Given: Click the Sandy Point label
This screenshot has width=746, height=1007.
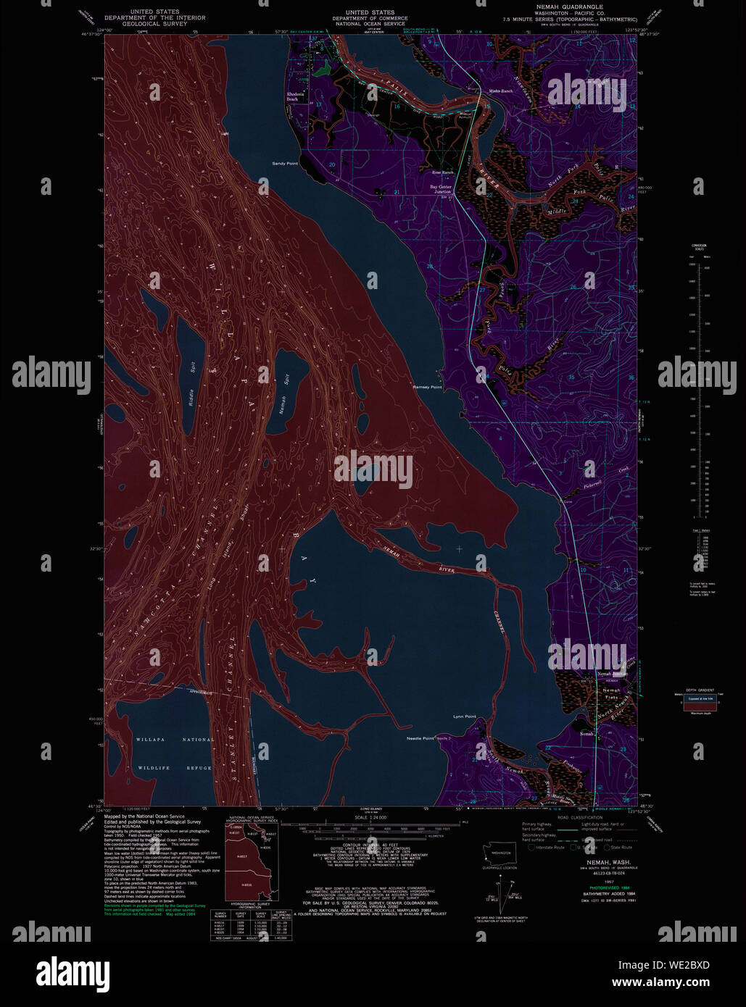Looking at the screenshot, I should coord(284,164).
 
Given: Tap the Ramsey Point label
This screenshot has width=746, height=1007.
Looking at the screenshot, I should coord(427,388).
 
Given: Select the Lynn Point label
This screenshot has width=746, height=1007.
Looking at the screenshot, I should coord(464,716).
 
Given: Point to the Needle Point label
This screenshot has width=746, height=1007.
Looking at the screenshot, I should coord(420,738).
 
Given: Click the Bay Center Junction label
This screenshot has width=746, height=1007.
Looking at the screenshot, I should coord(441,188).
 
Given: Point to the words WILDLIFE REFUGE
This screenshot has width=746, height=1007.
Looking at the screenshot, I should coord(173,767).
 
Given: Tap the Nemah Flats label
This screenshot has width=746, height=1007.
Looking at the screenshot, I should coord(611,694).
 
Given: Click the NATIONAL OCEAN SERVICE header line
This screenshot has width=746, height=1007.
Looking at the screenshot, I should coord(370,24).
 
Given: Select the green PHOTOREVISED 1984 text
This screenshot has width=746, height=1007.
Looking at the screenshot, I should coord(599,887).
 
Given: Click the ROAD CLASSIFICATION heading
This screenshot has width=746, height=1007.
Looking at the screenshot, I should coord(580,817).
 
